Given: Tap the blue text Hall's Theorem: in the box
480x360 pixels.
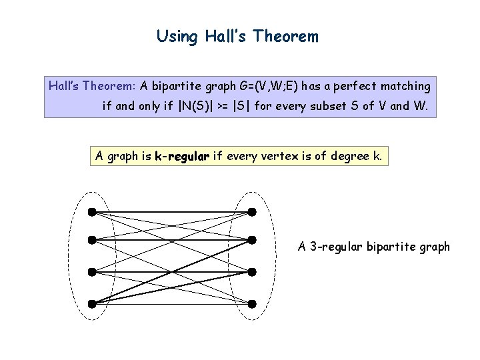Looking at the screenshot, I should tap(93, 86).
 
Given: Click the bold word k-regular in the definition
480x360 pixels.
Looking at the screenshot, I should tap(182, 157).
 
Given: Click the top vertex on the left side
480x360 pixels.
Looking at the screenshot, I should tap(91, 212).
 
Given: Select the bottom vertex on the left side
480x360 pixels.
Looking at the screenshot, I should tap(91, 303).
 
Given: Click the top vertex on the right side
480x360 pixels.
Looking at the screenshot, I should tap(251, 212).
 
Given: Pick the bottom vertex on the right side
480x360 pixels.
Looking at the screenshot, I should tap(251, 303).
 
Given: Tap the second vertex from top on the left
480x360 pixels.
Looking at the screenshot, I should tap(91, 239).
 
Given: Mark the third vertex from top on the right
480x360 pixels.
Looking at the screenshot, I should tap(251, 272).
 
